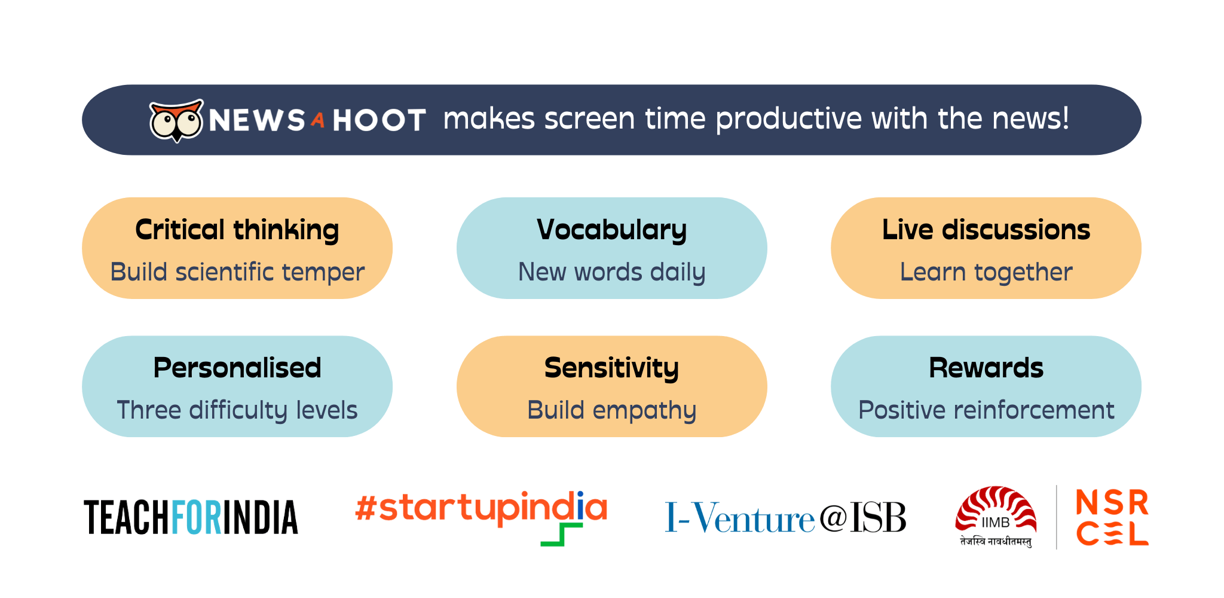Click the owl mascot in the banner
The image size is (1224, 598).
click(x=176, y=120)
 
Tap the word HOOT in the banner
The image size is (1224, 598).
click(x=380, y=120)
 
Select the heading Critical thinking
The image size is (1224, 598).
click(x=237, y=230)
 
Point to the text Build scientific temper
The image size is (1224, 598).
click(x=237, y=272)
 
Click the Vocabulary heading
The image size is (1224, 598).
click(x=612, y=230)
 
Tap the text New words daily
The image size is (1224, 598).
click(x=612, y=272)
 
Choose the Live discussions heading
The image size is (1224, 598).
click(x=986, y=230)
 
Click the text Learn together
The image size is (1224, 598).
click(x=986, y=273)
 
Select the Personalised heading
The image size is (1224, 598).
click(x=237, y=368)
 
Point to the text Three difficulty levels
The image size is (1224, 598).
click(x=237, y=410)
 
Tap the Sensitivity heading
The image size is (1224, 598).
click(x=612, y=368)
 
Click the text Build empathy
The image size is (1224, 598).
click(x=612, y=411)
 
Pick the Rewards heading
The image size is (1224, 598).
click(x=986, y=368)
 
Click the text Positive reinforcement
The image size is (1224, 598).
click(x=986, y=410)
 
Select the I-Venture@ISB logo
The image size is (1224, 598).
click(x=785, y=518)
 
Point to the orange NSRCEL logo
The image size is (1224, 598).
click(x=1112, y=518)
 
